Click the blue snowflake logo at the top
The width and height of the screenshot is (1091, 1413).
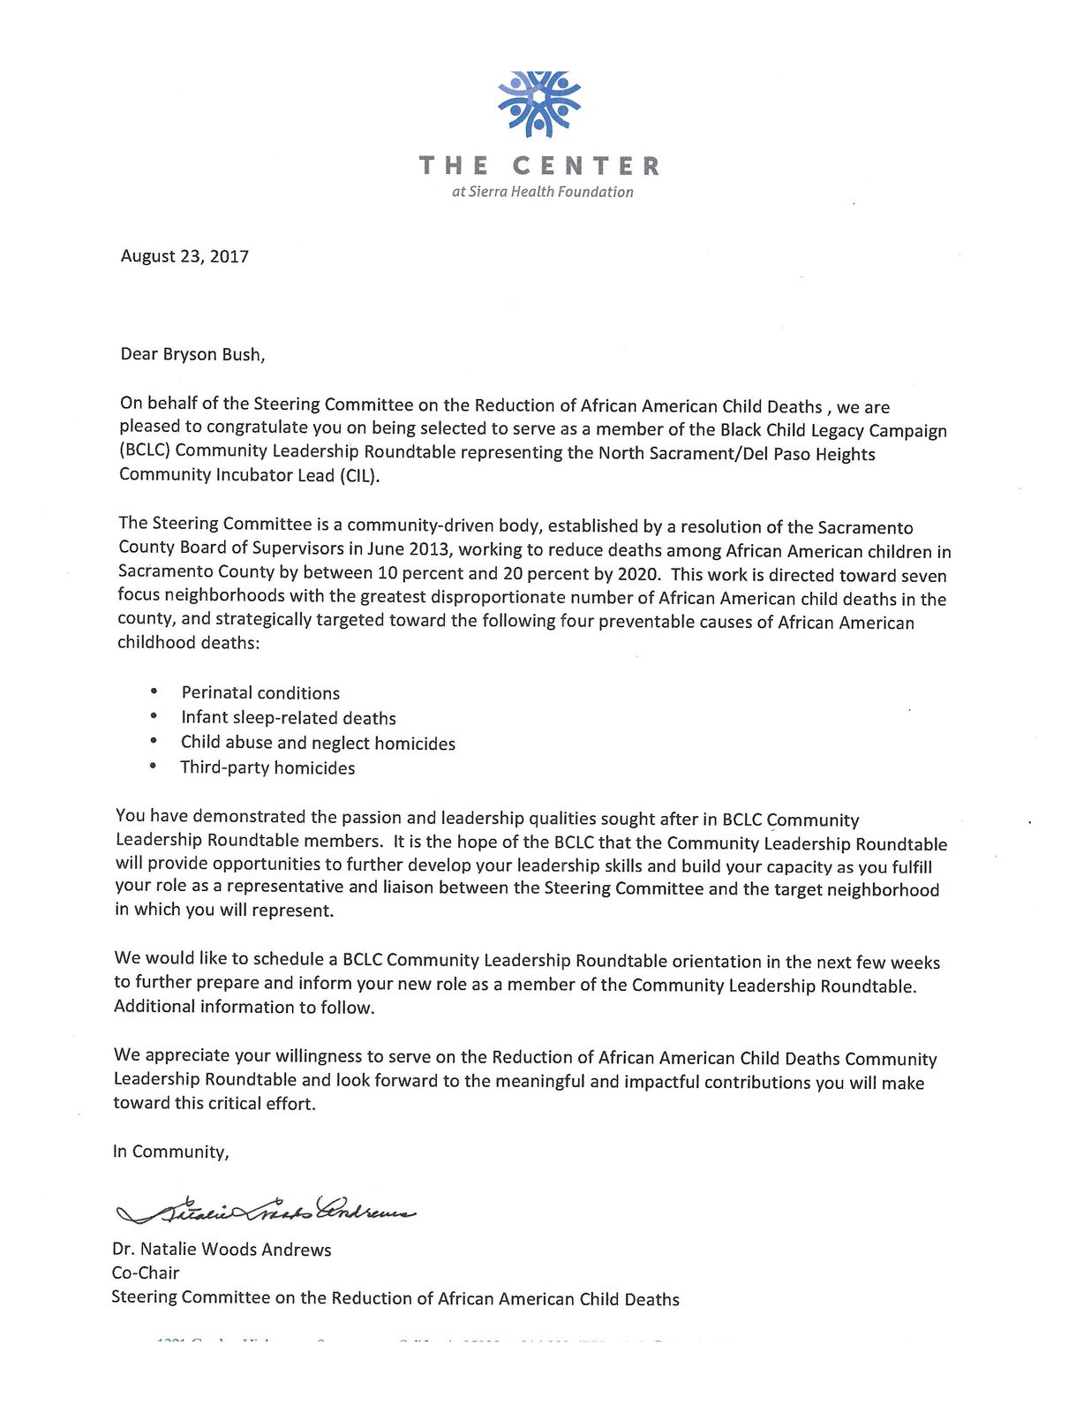tap(538, 103)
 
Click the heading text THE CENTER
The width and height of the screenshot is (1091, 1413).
tap(538, 166)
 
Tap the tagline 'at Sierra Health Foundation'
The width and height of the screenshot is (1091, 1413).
tap(542, 192)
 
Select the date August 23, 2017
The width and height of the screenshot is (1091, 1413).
tap(184, 256)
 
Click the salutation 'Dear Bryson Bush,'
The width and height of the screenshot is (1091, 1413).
tap(192, 354)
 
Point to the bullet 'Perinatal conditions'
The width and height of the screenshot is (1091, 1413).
tap(260, 693)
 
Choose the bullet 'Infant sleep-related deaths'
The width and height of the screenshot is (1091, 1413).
tap(289, 718)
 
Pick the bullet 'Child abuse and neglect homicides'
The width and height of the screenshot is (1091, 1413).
tap(318, 743)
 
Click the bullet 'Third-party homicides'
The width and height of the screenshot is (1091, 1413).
tap(267, 767)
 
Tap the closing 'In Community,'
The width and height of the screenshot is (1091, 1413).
tap(170, 1152)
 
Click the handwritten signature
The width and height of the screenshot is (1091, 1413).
tap(265, 1209)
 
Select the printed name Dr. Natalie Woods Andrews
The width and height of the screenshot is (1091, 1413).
tap(222, 1250)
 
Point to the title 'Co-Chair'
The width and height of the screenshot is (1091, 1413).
tap(146, 1273)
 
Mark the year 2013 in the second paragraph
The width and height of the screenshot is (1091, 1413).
tap(426, 548)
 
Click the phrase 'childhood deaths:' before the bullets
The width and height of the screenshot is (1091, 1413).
tap(189, 643)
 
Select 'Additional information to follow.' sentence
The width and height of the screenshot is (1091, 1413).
tap(245, 1007)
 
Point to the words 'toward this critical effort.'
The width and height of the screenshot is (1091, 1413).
tap(214, 1103)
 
